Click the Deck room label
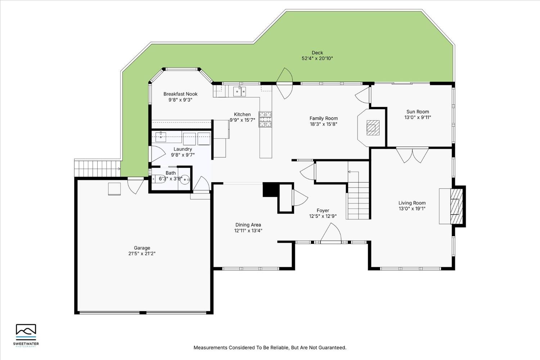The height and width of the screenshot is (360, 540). click(x=317, y=53)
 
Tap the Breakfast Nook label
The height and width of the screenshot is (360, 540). click(x=180, y=94)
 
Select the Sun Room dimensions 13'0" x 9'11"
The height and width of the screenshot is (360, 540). click(x=418, y=117)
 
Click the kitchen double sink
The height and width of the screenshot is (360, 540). click(x=239, y=92)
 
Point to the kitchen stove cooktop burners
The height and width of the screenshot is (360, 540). click(x=265, y=119)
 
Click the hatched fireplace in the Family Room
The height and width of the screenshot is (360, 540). click(x=373, y=128)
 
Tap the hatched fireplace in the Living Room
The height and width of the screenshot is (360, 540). click(x=456, y=206)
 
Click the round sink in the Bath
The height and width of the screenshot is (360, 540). click(x=185, y=179)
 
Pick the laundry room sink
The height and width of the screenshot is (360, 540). click(x=161, y=137)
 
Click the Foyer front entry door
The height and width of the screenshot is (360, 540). click(x=331, y=233)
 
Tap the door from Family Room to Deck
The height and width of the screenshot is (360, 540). click(x=284, y=83)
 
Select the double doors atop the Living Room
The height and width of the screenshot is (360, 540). click(x=412, y=156)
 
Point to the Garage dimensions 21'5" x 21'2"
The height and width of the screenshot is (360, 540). click(x=142, y=253)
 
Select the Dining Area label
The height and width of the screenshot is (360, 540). click(x=248, y=225)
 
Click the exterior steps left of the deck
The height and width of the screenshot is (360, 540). click(x=97, y=168)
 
